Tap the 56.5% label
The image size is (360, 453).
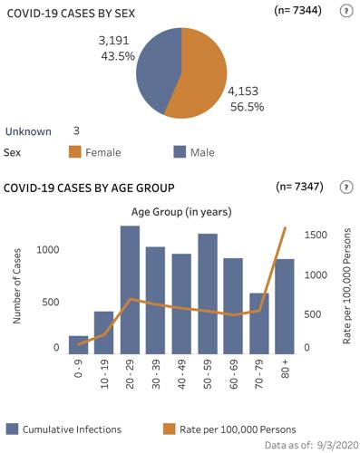click(245, 107)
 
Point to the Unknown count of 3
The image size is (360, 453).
click(76, 130)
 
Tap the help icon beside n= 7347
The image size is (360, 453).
click(345, 188)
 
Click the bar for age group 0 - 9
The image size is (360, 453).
click(79, 344)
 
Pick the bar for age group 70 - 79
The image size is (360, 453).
click(258, 323)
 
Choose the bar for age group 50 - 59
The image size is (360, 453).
click(208, 294)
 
